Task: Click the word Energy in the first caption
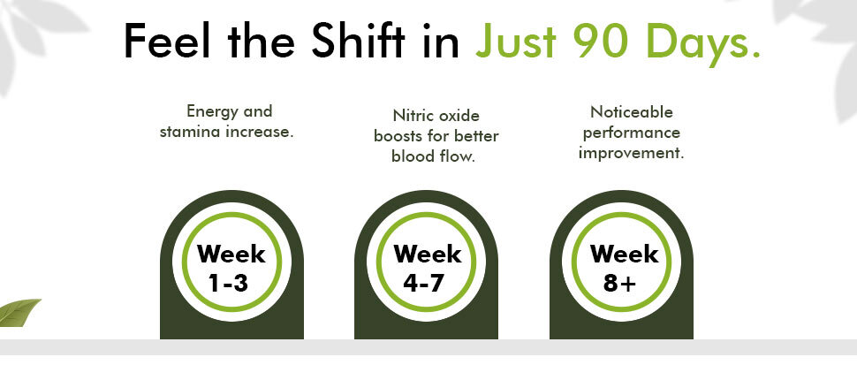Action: tap(206, 111)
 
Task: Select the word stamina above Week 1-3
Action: tap(190, 132)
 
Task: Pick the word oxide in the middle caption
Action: tap(460, 116)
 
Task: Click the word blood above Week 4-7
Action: tap(413, 156)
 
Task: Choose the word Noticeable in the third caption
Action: tap(632, 112)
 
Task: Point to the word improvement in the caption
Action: tap(632, 153)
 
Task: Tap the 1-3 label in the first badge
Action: tap(229, 283)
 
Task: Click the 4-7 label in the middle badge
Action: tap(423, 283)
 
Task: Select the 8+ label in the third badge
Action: tap(620, 283)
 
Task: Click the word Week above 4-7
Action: tap(428, 255)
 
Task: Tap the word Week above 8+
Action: tap(624, 255)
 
